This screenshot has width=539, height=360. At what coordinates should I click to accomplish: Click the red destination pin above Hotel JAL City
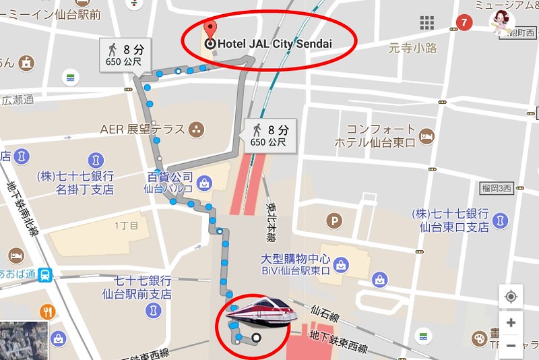pyautogui.click(x=211, y=30)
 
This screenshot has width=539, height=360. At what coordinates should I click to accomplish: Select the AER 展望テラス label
pyautogui.click(x=142, y=129)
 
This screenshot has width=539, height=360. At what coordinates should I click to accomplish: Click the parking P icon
pyautogui.click(x=334, y=220)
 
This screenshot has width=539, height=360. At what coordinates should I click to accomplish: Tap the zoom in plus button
pyautogui.click(x=511, y=322)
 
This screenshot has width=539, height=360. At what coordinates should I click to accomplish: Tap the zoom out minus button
pyautogui.click(x=511, y=346)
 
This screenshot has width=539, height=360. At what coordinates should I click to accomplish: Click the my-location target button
pyautogui.click(x=511, y=297)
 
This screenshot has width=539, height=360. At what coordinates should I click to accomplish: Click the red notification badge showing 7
pyautogui.click(x=463, y=23)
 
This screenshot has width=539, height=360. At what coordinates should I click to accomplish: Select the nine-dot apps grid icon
pyautogui.click(x=427, y=23)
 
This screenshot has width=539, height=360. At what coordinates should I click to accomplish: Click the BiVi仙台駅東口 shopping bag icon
pyautogui.click(x=342, y=264)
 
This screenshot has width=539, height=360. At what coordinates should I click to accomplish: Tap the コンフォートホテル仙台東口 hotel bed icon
pyautogui.click(x=426, y=138)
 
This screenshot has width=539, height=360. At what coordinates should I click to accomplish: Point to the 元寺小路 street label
pyautogui.click(x=413, y=48)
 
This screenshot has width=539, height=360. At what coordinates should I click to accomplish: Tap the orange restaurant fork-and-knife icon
pyautogui.click(x=48, y=311)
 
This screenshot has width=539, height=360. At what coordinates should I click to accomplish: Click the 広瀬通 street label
pyautogui.click(x=18, y=100)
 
